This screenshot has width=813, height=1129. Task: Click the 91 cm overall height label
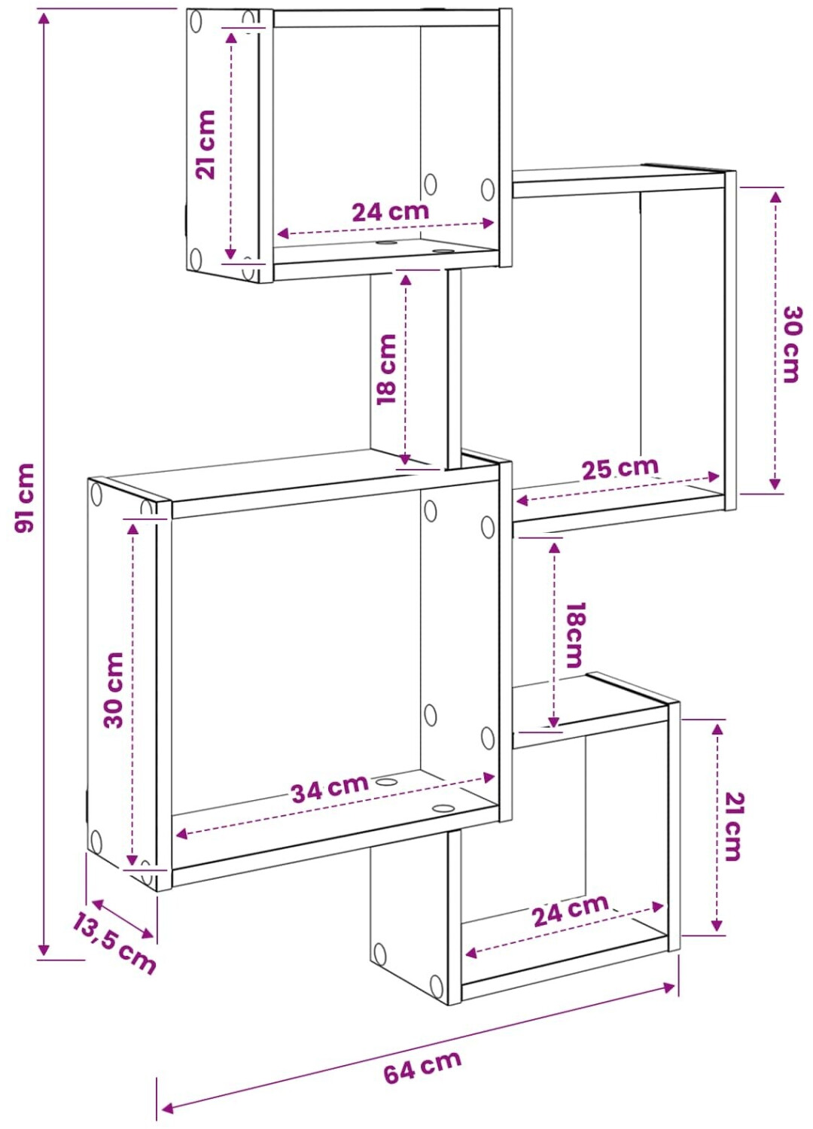[x=24, y=498]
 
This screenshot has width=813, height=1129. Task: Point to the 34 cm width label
[x=330, y=788]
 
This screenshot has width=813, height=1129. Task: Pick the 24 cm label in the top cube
[x=390, y=211]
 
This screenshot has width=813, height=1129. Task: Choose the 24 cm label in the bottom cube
[x=571, y=910]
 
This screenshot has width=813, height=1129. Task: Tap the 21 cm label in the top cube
[x=206, y=145]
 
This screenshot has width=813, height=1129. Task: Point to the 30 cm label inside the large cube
[x=114, y=690]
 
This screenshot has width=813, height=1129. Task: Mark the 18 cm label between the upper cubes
[x=387, y=370]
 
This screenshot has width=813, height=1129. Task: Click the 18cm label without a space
[x=574, y=635]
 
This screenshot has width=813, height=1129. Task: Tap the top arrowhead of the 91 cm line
[x=44, y=18]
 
